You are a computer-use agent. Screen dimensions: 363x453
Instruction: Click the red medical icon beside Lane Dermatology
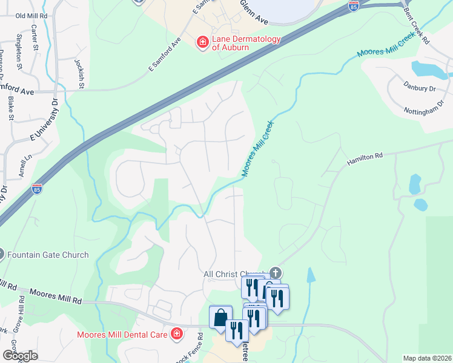coord(203,42)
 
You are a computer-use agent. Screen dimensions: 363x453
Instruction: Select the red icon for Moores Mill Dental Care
coord(176,333)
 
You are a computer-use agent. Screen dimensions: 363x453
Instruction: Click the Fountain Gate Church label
coord(48,255)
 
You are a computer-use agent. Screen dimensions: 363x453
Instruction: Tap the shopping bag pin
coord(220,316)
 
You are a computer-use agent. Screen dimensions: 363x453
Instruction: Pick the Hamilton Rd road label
coord(365,159)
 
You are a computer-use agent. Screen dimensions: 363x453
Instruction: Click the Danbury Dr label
coord(420,88)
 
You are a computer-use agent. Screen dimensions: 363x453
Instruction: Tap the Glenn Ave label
coord(254,11)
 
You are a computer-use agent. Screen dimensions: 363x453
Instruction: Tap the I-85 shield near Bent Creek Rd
coord(354,5)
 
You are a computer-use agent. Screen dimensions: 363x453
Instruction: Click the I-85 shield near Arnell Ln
coord(36,189)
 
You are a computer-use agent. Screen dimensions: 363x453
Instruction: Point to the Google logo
coord(19,356)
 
